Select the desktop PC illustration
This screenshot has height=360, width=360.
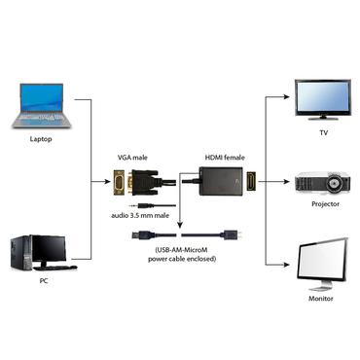(42, 252)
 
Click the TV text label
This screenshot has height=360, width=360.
(323, 131)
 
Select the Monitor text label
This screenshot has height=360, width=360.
(322, 299)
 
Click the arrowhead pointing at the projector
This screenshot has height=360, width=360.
(290, 181)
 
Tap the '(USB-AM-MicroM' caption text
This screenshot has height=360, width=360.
(181, 250)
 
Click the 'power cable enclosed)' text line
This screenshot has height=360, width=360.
(181, 260)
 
